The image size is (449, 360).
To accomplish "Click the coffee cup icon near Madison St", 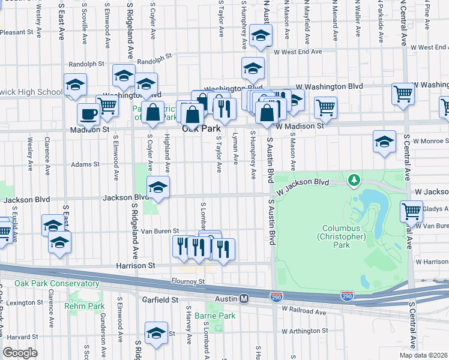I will point(89,114).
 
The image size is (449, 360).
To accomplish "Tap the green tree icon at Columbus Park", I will point(354,179).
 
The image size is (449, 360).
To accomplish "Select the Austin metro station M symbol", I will point(244,298).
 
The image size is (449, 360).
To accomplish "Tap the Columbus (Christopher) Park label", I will point(343,233).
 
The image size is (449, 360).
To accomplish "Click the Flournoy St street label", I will point(188,281).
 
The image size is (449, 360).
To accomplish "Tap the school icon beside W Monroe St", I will point(384,142).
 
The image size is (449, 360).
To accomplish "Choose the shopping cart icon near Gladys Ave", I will point(411,211).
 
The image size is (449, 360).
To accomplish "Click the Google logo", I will point(20,353).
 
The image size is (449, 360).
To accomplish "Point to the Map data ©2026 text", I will point(423,355).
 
